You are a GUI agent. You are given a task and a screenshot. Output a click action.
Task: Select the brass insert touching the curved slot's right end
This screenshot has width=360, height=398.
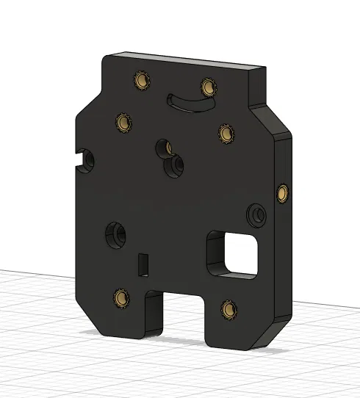pyautogui.click(x=209, y=88)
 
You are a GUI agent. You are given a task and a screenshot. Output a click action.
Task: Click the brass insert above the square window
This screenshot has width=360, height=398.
pyautogui.click(x=225, y=133)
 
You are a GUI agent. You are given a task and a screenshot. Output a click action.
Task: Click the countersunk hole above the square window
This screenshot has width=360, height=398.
pyautogui.click(x=257, y=214)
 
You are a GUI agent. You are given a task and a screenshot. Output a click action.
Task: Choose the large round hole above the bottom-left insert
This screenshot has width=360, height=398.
pyautogui.click(x=115, y=234)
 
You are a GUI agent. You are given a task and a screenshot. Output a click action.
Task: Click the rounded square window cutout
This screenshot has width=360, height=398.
pyautogui.click(x=237, y=253)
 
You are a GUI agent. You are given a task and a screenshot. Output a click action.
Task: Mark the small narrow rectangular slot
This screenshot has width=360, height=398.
pyautogui.click(x=143, y=263)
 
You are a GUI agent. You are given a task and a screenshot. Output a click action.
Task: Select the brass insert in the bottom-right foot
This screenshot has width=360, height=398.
pyautogui.click(x=228, y=309)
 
